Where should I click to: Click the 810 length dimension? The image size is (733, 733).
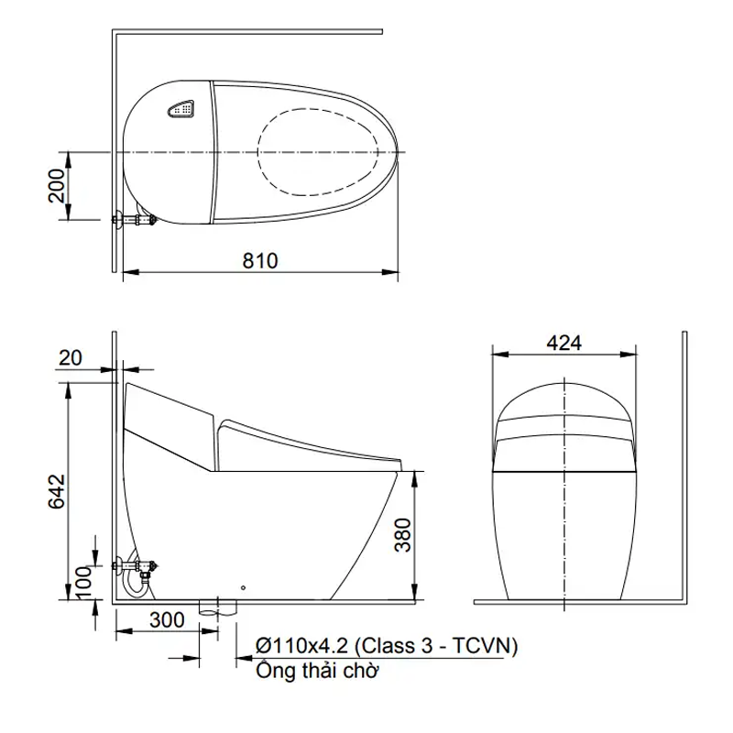click(x=260, y=261)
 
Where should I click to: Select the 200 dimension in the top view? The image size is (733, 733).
click(x=57, y=186)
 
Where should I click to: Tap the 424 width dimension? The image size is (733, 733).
click(x=564, y=343)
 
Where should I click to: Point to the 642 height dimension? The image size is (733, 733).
click(x=57, y=491)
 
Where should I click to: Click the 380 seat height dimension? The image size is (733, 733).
click(x=402, y=535)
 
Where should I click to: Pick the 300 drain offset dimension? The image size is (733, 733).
click(x=167, y=620)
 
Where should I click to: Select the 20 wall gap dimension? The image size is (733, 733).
click(x=71, y=358)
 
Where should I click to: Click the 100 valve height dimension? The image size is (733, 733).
click(x=83, y=583)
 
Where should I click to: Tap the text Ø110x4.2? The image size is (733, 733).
click(x=302, y=646)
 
